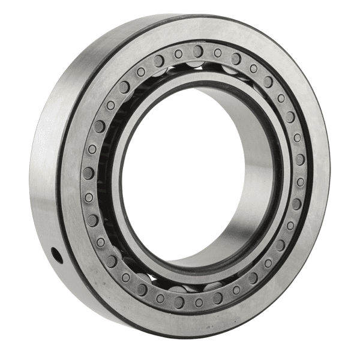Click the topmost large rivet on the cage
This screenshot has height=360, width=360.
197,50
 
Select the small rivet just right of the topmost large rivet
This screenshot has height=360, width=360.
217,53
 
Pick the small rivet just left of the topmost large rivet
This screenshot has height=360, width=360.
178,54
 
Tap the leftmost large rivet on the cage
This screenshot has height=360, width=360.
88,173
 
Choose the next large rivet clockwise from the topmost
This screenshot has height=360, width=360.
236,58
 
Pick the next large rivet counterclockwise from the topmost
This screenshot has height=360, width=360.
159,61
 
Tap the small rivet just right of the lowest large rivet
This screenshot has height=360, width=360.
199,302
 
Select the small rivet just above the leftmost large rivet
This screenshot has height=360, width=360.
92,149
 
